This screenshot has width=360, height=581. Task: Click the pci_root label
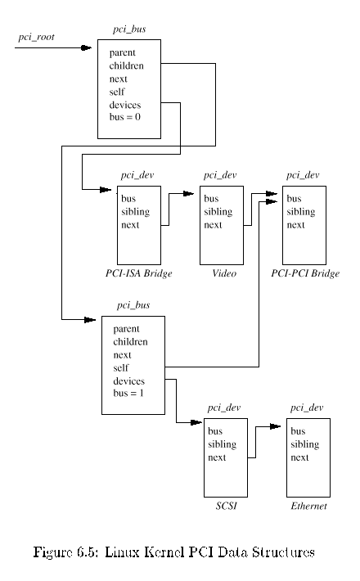(x=36, y=37)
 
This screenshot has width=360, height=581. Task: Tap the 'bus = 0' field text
(x=125, y=117)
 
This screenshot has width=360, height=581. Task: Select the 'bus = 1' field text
(x=128, y=393)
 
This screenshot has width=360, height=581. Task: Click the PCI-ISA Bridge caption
(x=139, y=273)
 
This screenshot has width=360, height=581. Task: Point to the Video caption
(x=224, y=273)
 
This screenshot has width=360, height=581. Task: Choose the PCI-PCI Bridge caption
(x=305, y=273)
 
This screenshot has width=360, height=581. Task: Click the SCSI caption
(x=226, y=506)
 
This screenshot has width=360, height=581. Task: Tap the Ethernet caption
(x=309, y=506)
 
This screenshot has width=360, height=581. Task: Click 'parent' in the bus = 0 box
(x=122, y=53)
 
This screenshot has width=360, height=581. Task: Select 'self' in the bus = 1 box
(x=121, y=368)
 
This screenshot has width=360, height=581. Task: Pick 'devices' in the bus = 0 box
(x=125, y=105)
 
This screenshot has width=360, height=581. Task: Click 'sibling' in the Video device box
(x=218, y=212)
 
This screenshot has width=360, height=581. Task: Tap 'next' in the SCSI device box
(x=217, y=457)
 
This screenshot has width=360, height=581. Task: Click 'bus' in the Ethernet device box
(x=298, y=431)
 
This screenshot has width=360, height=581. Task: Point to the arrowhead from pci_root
(x=86, y=47)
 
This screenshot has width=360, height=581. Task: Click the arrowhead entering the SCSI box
(x=196, y=422)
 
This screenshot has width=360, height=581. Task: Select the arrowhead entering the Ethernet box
(x=275, y=426)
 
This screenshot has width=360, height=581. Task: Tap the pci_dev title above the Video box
(x=220, y=175)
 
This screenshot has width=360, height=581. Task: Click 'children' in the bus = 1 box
(x=130, y=342)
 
